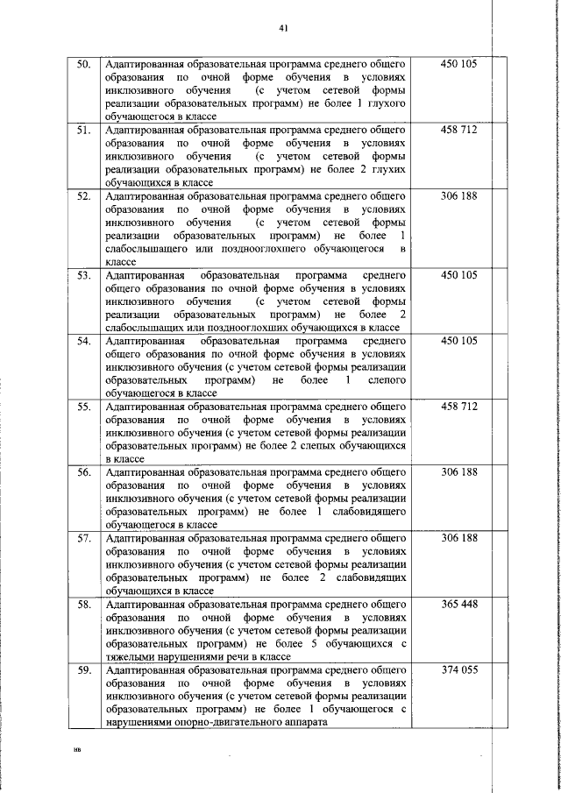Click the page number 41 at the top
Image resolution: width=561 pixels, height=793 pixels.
click(x=284, y=27)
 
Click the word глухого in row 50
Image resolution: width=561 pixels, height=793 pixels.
click(x=387, y=103)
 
